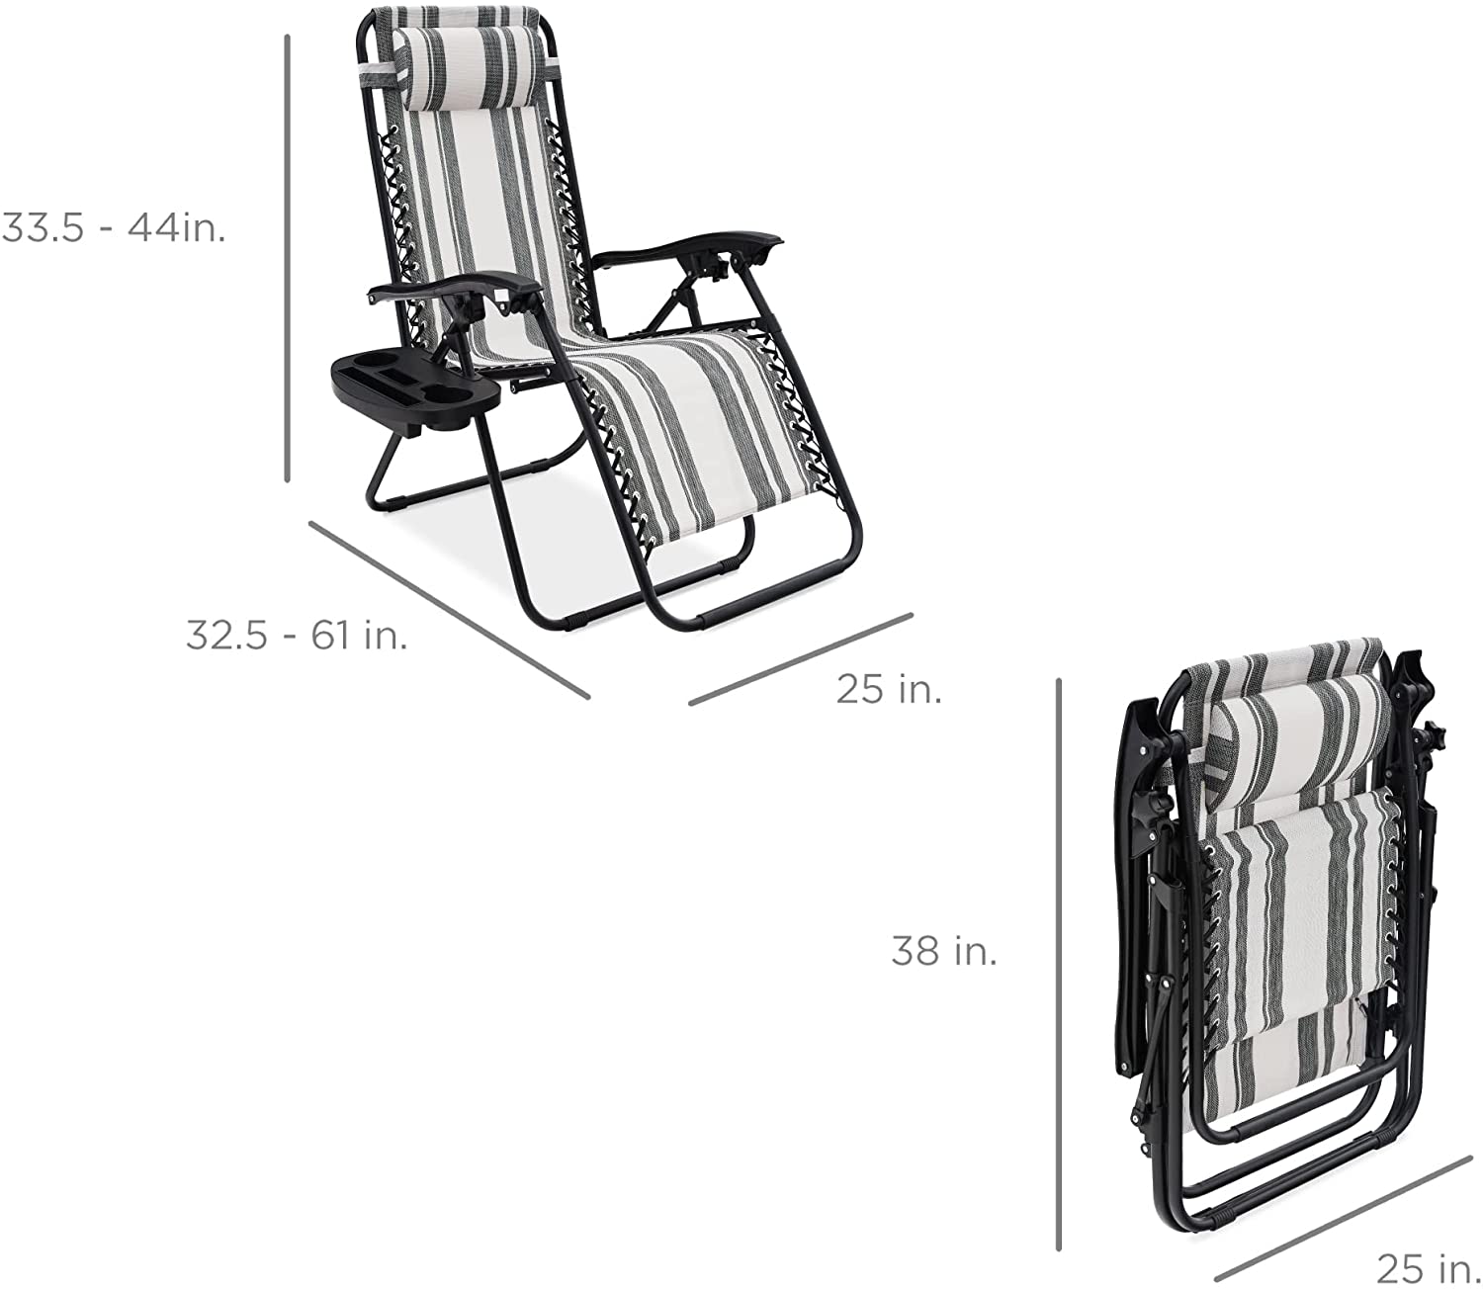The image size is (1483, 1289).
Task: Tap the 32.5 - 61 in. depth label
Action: point(297,636)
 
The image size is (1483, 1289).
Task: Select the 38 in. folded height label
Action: point(944,950)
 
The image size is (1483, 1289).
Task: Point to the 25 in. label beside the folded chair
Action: point(1429,1268)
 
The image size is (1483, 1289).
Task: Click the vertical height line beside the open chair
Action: point(287,258)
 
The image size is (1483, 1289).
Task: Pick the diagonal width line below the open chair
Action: point(800,659)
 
